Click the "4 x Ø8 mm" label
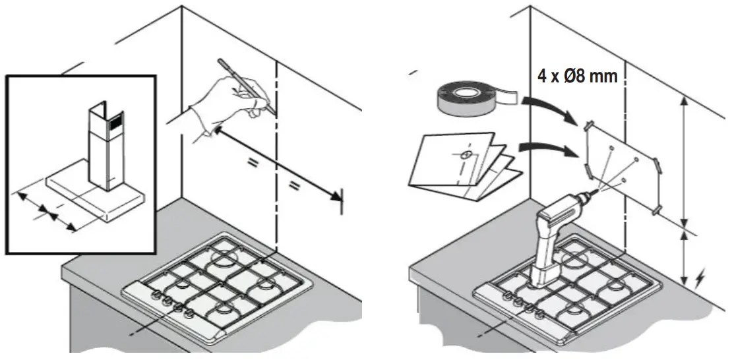click(x=577, y=76)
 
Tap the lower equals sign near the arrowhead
click(x=295, y=187)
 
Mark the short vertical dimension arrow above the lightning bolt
click(x=684, y=254)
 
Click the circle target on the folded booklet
click(x=466, y=155)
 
